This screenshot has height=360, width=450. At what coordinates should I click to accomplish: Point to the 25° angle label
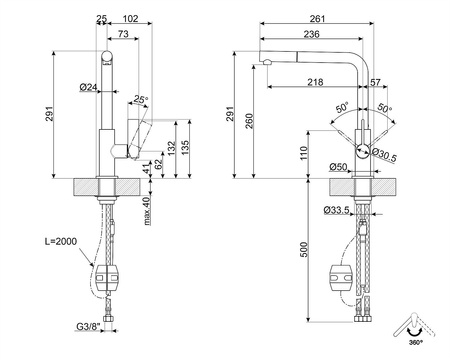[x=142, y=99]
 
